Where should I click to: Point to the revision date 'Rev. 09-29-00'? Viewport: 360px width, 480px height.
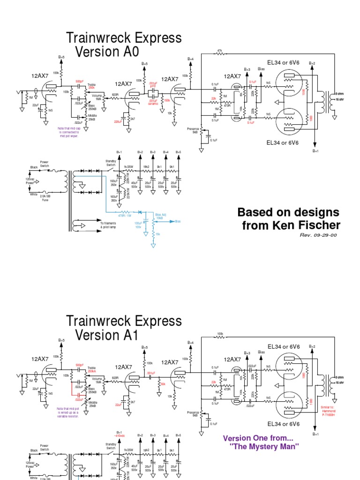(x=318, y=235)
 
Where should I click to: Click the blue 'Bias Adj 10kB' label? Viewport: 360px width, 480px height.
(x=157, y=217)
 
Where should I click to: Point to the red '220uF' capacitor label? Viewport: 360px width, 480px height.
(x=118, y=122)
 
